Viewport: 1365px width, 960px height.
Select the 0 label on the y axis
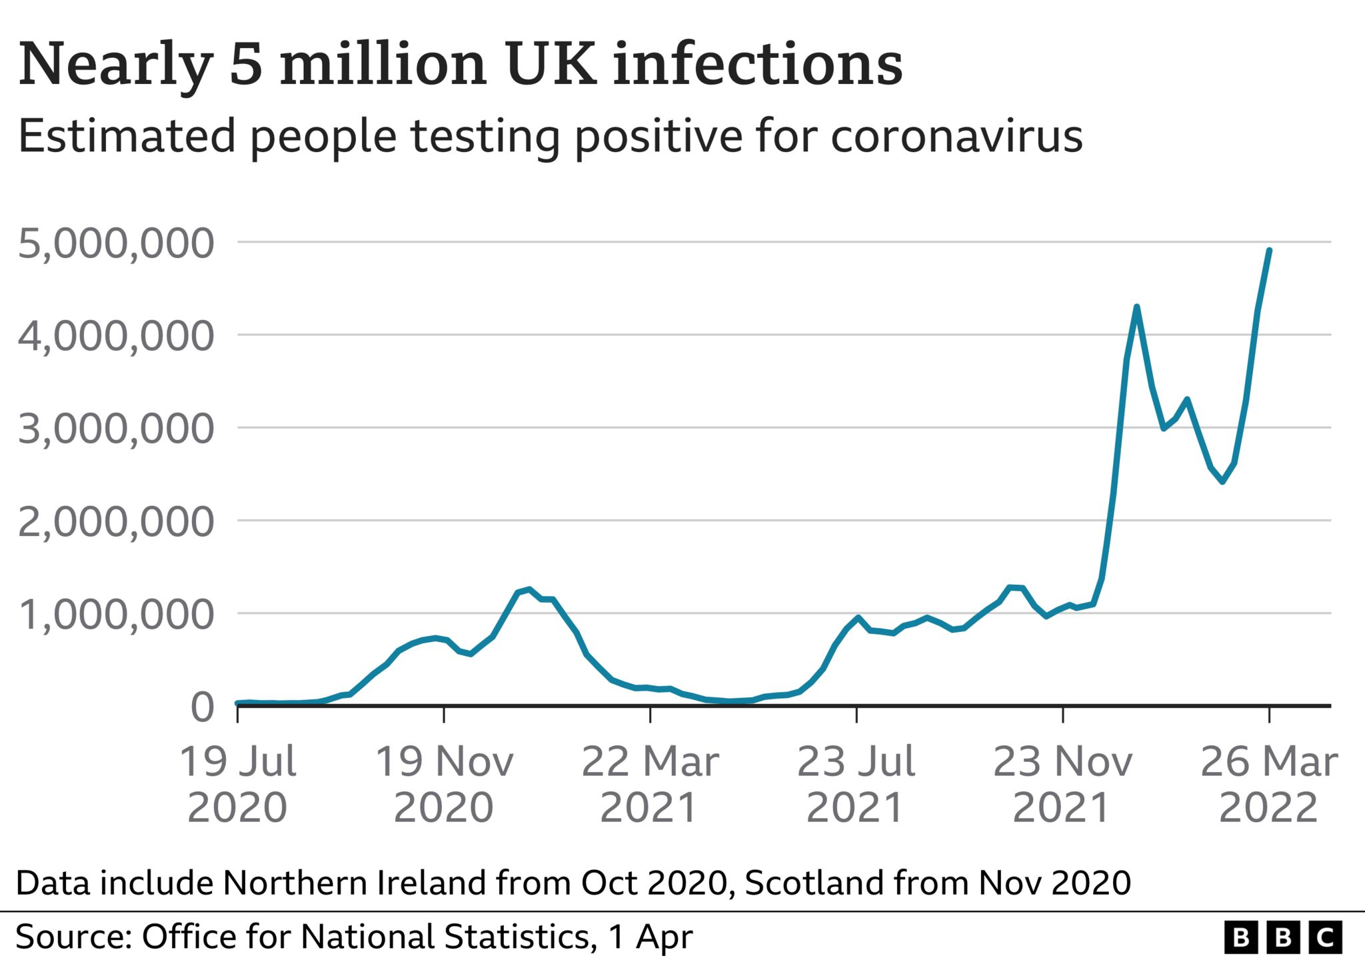tap(202, 707)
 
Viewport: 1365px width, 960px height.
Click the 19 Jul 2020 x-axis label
tap(237, 784)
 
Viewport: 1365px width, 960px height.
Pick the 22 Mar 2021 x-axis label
tap(650, 784)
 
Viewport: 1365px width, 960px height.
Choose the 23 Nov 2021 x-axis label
tap(1062, 784)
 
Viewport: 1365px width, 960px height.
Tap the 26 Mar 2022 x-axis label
tap(1269, 784)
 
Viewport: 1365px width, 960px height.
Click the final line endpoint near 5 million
tap(1269, 251)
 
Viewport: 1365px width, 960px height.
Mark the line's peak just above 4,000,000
tap(1136, 307)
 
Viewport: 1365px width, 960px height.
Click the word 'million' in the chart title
tap(383, 65)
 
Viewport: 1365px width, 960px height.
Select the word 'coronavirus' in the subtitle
tap(956, 137)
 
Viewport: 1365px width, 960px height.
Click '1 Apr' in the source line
tap(650, 936)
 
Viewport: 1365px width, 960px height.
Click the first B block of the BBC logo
tap(1241, 938)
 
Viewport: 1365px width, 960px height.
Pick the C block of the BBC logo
tap(1325, 938)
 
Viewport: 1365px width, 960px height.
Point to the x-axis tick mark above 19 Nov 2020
tap(444, 714)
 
